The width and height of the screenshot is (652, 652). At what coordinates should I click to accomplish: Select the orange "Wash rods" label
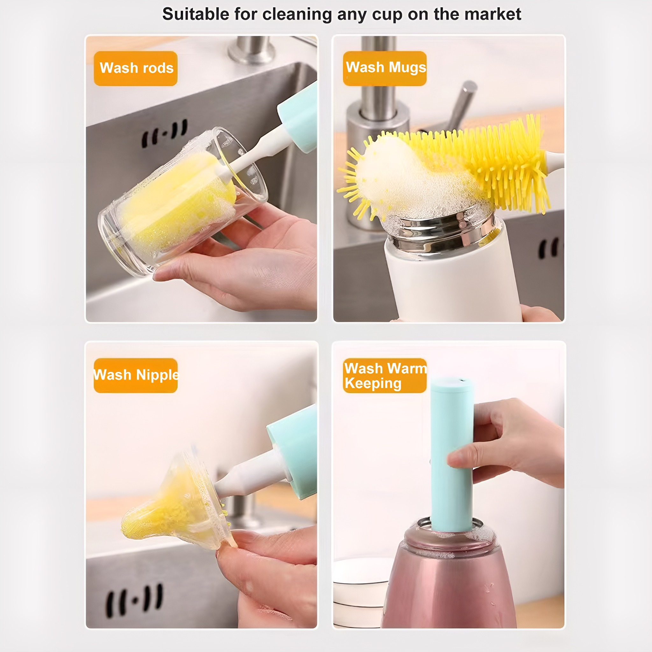click(x=136, y=68)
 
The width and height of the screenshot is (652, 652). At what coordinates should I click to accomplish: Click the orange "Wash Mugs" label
click(x=385, y=68)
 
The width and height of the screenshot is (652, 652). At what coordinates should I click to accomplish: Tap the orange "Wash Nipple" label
click(x=136, y=375)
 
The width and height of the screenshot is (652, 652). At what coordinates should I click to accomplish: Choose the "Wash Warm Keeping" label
click(x=385, y=376)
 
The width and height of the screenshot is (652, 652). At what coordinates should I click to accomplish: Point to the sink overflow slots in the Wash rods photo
click(x=164, y=133)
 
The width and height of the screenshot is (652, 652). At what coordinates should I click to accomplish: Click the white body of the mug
click(x=452, y=283)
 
